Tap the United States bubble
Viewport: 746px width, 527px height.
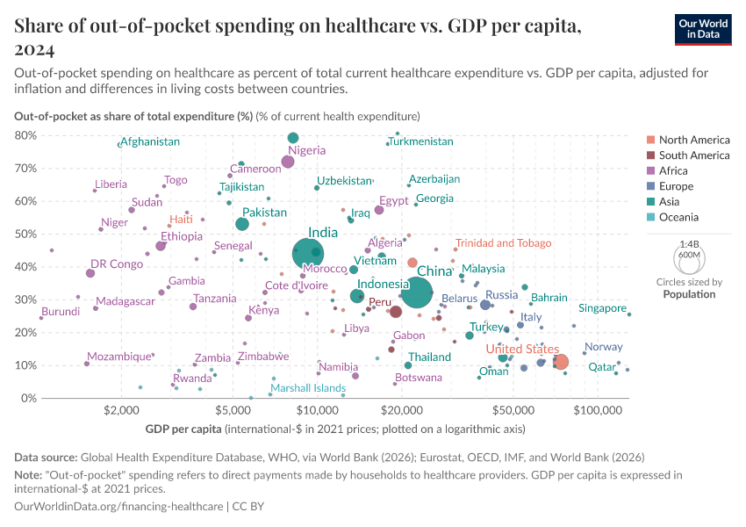pos(561,362)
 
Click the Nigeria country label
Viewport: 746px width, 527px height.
pos(306,150)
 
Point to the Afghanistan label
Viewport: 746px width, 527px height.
pos(150,141)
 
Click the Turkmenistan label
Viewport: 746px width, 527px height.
pos(421,141)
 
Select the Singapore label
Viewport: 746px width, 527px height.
pos(602,308)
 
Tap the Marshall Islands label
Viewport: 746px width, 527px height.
pos(308,388)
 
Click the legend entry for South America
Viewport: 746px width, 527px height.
pos(694,155)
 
